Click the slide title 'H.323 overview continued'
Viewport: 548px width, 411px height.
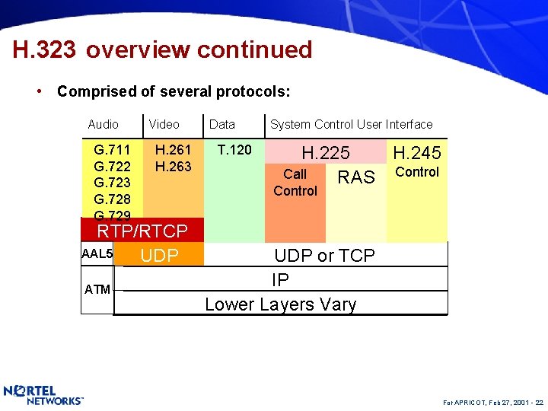point(162,49)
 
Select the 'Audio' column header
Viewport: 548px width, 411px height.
point(103,124)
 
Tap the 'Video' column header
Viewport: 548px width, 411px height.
point(164,124)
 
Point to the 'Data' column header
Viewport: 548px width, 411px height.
point(221,124)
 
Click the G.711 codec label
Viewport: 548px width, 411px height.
point(112,150)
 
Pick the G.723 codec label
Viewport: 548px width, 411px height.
point(112,183)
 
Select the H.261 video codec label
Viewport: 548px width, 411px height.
point(173,150)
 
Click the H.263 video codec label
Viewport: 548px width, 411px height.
point(173,166)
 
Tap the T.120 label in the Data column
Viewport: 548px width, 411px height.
point(234,150)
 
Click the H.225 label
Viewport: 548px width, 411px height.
point(326,153)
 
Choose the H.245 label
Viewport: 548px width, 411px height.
point(416,153)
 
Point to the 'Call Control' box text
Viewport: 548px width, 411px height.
point(295,183)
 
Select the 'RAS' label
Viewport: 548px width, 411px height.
point(356,177)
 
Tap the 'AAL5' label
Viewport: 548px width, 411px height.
point(97,253)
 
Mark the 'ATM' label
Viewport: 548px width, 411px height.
point(97,289)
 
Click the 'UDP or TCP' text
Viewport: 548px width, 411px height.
point(324,256)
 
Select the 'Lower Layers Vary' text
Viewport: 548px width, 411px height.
point(280,304)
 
